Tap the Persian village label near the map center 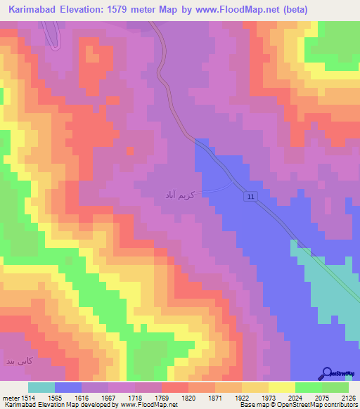[182, 193]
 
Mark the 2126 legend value [348, 397]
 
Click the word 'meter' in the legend [9, 397]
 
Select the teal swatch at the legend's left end [41, 387]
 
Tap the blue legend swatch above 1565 [68, 387]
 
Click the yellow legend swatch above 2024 [282, 387]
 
